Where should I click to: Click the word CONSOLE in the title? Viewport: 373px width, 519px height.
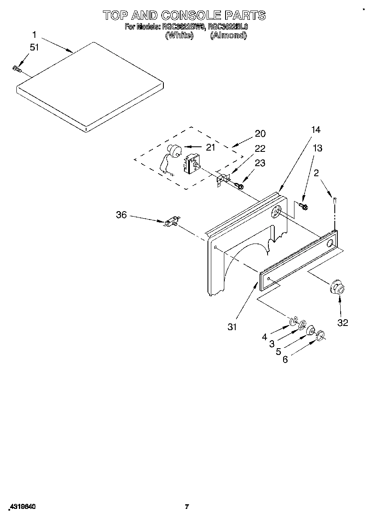185,16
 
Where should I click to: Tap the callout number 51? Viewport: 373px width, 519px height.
34,48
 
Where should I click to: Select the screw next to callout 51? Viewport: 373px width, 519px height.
17,68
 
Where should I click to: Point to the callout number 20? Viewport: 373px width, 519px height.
260,134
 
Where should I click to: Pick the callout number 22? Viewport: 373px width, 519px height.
260,148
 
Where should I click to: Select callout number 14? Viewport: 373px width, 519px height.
315,130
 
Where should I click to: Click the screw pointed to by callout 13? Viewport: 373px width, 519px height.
303,206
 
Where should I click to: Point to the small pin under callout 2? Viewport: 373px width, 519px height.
334,201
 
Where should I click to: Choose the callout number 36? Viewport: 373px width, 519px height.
121,215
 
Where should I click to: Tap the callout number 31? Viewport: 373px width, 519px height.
232,327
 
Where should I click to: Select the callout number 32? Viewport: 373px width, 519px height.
342,323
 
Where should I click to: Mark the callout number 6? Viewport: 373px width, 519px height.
285,360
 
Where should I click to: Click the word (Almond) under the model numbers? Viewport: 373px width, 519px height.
228,36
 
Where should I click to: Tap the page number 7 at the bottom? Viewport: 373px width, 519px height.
186,507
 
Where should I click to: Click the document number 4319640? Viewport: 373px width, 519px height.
21,507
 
